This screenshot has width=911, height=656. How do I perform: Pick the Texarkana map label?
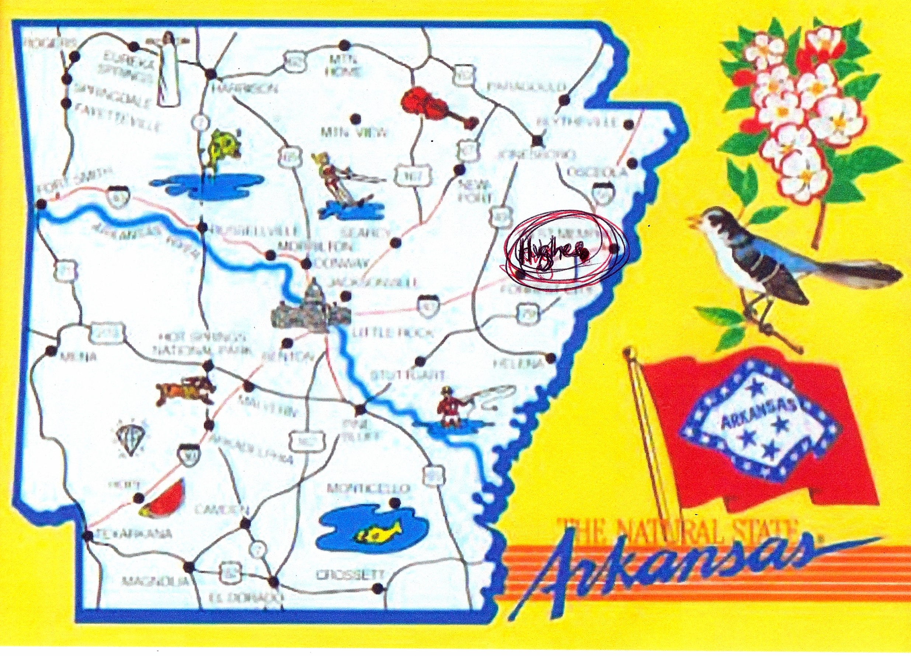click(135, 534)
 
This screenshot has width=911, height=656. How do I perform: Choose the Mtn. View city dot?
click(355, 119)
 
